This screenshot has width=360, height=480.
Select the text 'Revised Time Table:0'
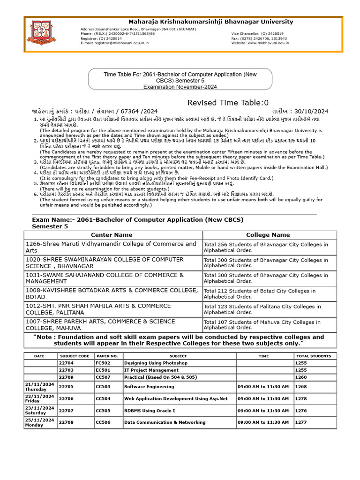pyautogui.click(x=228, y=103)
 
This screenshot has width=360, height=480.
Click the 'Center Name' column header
pyautogui.click(x=112, y=235)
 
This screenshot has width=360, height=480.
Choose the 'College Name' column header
pyautogui.click(x=268, y=235)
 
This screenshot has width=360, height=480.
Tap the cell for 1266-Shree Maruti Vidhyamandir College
pyautogui.click(x=112, y=247)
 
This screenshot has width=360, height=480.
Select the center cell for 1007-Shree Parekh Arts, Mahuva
pyautogui.click(x=112, y=325)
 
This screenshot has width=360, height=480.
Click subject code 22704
pyautogui.click(x=66, y=363)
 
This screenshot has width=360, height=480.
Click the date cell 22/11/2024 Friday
pyautogui.click(x=40, y=398)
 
